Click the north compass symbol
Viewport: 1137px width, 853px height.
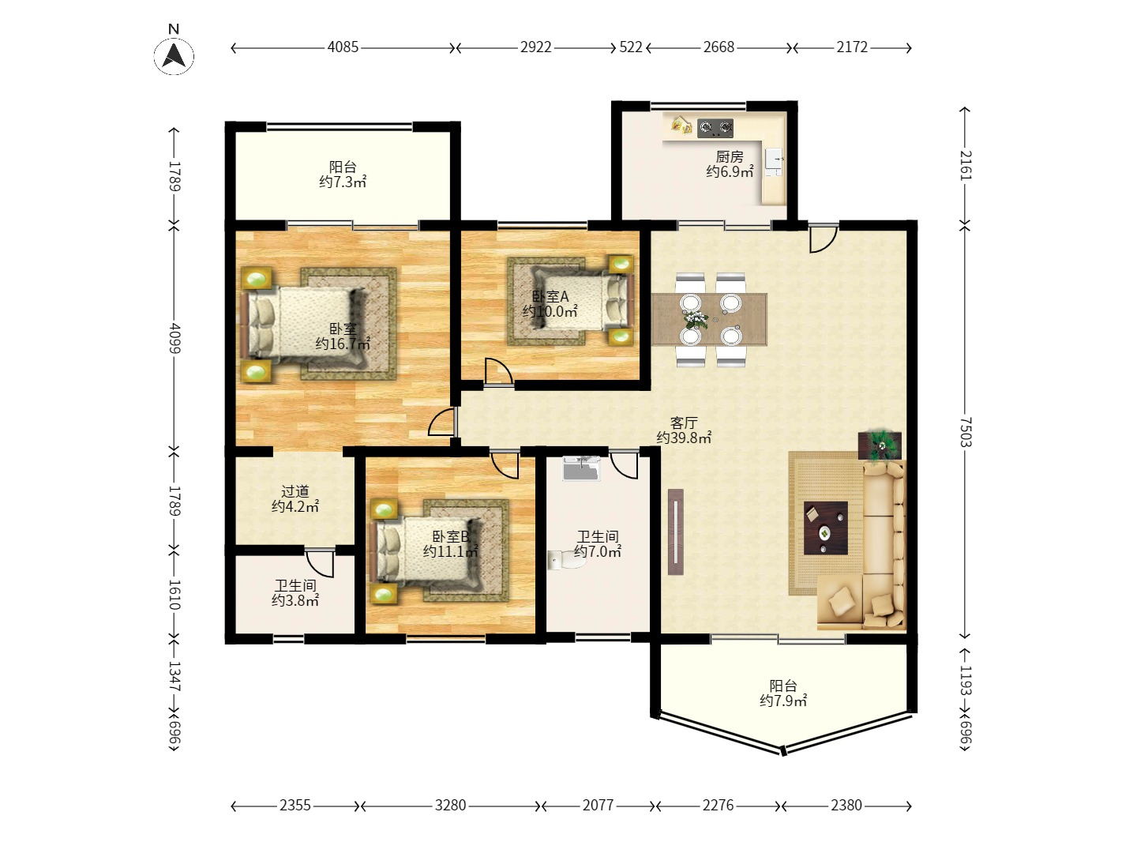point(174,55)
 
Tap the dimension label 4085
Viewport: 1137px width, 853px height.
point(343,47)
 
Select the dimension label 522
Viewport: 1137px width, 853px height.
point(630,47)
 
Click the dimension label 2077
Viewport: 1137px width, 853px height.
point(598,805)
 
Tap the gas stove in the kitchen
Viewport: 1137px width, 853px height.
point(715,128)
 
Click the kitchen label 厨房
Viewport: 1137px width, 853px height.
point(730,156)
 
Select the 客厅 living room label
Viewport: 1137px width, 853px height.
point(684,422)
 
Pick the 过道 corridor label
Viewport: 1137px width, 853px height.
point(295,491)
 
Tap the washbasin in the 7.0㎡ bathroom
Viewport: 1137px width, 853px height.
point(582,468)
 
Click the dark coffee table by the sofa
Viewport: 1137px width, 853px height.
point(826,528)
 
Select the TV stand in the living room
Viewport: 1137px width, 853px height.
point(675,532)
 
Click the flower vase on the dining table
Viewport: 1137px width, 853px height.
point(695,318)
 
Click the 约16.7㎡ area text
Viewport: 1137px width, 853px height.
point(343,344)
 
